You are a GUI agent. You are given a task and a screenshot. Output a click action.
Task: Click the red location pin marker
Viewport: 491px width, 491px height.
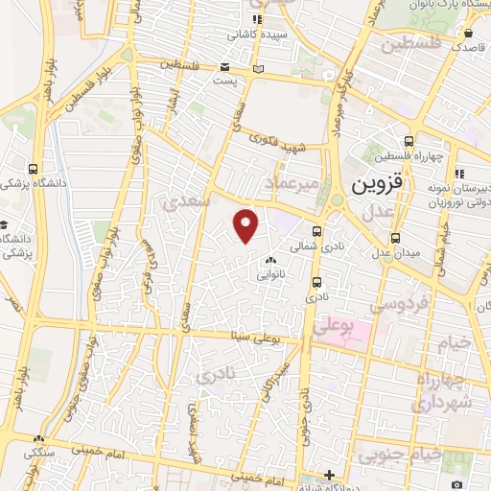[x=247, y=224]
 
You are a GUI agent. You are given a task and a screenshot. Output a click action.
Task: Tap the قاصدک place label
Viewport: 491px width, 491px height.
[x=469, y=45]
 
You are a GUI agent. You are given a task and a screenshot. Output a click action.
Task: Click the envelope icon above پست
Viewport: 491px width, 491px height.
[x=224, y=68]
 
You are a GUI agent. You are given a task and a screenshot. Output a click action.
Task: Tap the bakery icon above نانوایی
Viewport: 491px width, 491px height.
[x=269, y=260]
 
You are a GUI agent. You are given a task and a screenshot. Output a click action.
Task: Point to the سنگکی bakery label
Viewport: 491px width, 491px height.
[x=38, y=451]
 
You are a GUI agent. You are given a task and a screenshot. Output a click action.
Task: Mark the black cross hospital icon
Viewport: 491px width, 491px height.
[x=329, y=474]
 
